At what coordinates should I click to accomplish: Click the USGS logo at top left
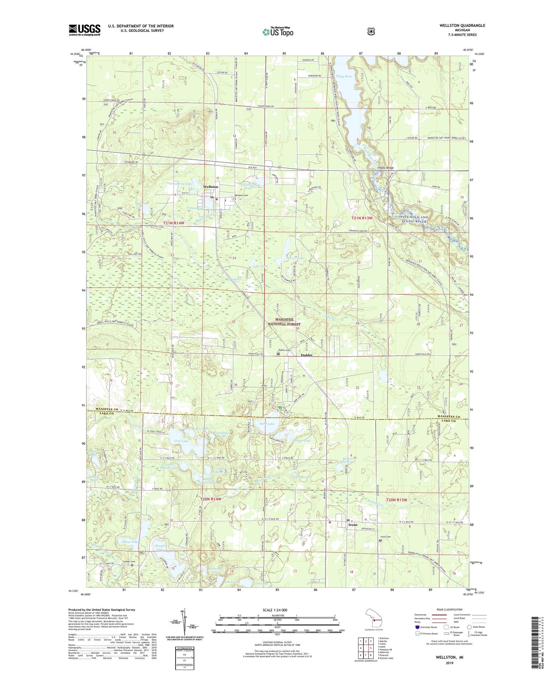[x=84, y=30]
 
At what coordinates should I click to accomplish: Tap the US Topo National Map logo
[x=277, y=31]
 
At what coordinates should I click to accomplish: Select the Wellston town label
[x=211, y=187]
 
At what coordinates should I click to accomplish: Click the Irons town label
[x=353, y=525]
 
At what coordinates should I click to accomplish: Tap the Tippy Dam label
[x=344, y=76]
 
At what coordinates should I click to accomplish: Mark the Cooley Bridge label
[x=386, y=168]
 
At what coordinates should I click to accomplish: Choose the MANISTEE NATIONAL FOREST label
[x=288, y=321]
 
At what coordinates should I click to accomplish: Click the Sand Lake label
[x=267, y=424]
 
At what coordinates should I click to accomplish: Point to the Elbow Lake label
[x=130, y=542]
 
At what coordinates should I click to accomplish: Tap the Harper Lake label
[x=160, y=547]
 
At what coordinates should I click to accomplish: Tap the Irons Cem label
[x=385, y=537]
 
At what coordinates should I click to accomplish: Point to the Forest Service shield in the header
[x=371, y=31]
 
